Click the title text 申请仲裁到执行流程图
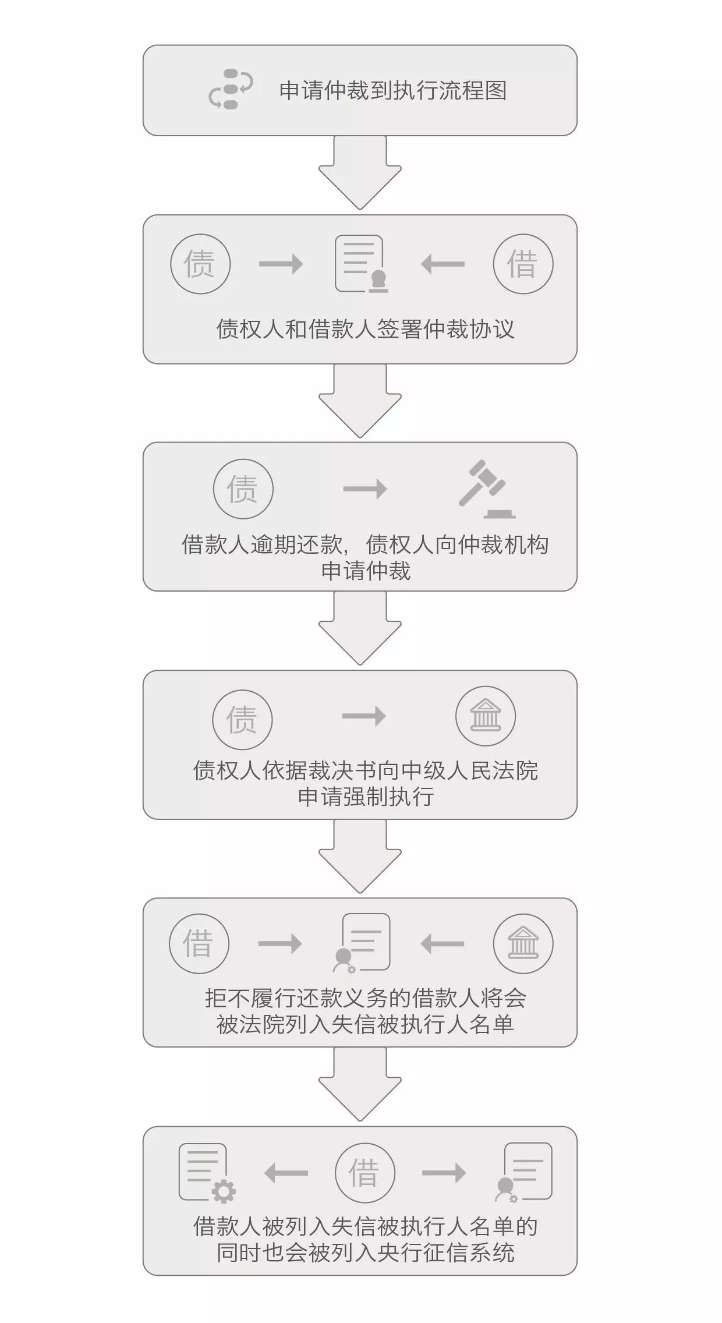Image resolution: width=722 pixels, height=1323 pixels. [x=393, y=91]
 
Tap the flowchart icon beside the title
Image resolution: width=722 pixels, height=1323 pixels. [x=231, y=89]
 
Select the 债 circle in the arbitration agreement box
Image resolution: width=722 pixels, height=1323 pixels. [x=200, y=264]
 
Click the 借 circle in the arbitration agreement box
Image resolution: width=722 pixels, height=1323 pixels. [x=522, y=264]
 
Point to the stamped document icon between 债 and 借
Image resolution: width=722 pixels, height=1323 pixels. [x=361, y=264]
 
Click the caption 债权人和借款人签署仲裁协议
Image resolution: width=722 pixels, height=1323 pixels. [x=366, y=329]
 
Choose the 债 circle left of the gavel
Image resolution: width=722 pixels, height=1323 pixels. [x=243, y=489]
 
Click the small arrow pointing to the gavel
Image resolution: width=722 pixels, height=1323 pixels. [x=365, y=489]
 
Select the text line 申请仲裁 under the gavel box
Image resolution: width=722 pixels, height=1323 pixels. [x=366, y=570]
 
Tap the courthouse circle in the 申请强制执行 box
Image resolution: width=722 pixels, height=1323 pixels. [x=486, y=716]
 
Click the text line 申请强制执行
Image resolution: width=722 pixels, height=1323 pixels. [x=366, y=796]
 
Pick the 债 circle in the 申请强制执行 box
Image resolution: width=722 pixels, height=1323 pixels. [x=242, y=719]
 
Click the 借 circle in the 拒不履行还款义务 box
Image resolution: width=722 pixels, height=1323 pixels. [x=199, y=943]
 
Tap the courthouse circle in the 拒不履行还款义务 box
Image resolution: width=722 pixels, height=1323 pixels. [x=523, y=943]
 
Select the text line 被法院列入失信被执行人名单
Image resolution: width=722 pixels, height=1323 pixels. [x=366, y=1024]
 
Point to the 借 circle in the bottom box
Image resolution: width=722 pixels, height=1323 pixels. [x=365, y=1172]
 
